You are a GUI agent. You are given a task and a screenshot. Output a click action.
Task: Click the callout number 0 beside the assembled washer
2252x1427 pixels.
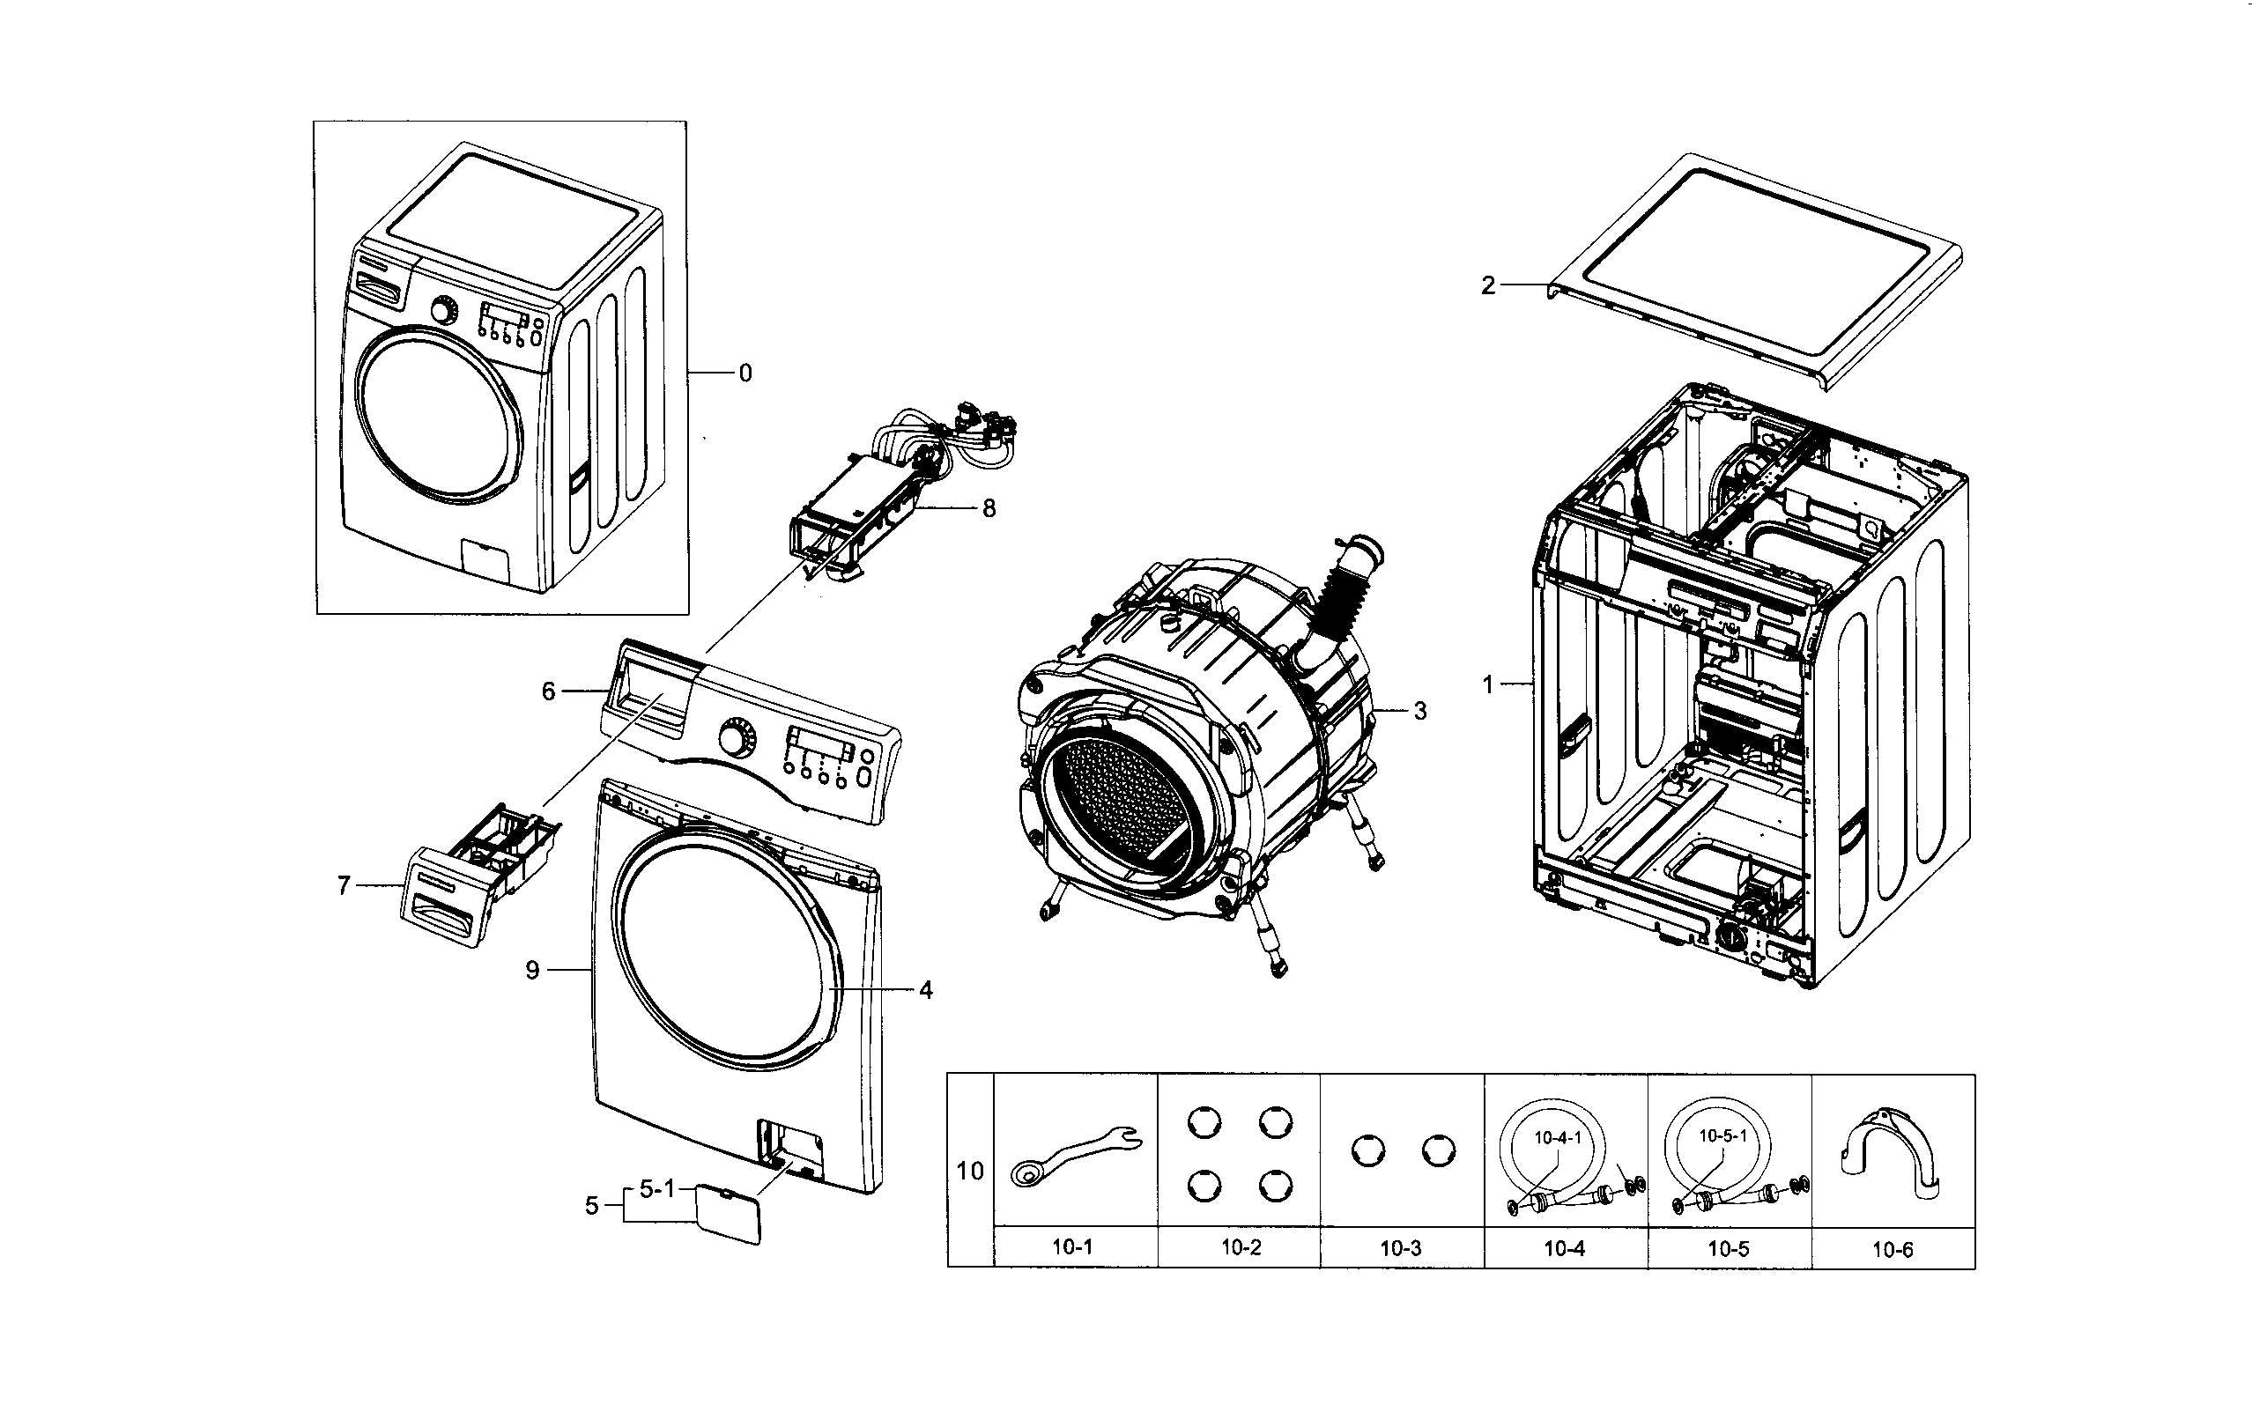click(744, 374)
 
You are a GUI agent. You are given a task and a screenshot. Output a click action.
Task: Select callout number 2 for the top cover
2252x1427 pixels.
click(1488, 286)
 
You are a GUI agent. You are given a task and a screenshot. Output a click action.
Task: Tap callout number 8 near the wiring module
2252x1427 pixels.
click(989, 509)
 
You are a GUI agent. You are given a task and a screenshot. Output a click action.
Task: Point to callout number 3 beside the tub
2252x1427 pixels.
click(1419, 712)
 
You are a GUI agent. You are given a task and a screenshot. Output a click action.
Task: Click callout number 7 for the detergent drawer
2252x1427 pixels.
click(344, 884)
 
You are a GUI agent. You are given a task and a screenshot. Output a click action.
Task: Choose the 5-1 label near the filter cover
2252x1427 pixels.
click(656, 1188)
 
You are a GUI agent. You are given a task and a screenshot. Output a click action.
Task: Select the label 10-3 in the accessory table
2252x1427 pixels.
click(1400, 1247)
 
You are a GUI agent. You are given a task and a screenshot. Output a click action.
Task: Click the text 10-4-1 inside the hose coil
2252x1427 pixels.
click(1557, 1138)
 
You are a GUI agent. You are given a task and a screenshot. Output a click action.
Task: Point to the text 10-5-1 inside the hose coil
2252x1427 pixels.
click(1722, 1136)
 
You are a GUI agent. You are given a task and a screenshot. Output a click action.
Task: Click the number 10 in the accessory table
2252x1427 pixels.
click(970, 1171)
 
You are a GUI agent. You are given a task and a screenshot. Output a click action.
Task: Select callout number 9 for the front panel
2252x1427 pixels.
click(532, 971)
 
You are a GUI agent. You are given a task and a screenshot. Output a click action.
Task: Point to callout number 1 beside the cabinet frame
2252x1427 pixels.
click(1488, 685)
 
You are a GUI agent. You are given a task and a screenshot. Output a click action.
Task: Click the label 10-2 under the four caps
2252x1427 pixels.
click(1241, 1247)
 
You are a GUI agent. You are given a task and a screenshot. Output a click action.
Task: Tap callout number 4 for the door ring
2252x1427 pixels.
click(925, 989)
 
